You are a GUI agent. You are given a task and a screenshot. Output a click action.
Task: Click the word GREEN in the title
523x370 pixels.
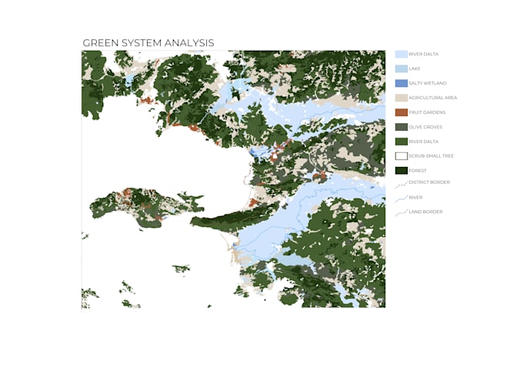click(x=98, y=43)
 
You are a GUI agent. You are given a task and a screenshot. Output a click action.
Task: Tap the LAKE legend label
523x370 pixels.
click(x=415, y=68)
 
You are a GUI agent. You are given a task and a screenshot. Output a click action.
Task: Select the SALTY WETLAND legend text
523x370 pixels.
click(x=428, y=83)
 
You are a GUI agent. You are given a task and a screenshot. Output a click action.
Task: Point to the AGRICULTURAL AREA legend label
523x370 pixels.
click(x=433, y=98)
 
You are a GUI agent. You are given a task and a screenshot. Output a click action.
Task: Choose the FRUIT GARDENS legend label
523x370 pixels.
click(x=427, y=112)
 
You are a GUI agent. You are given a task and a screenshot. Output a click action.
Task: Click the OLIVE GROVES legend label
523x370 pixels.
click(x=425, y=127)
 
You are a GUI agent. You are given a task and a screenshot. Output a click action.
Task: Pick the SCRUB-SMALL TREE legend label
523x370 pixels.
click(x=431, y=156)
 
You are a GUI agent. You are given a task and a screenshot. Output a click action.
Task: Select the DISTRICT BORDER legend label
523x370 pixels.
click(x=429, y=182)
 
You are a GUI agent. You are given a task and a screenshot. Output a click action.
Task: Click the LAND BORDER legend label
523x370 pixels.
click(x=425, y=212)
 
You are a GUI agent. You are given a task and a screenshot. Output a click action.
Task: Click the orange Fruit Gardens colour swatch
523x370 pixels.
click(x=401, y=112)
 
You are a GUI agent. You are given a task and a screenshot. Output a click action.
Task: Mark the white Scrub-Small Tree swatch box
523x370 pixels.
click(x=401, y=156)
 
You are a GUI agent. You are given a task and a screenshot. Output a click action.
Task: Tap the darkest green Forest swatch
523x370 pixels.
click(x=401, y=171)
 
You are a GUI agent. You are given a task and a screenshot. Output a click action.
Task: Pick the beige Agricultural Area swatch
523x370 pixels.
click(x=401, y=98)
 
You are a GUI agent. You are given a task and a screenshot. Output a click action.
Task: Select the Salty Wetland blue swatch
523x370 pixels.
click(x=401, y=83)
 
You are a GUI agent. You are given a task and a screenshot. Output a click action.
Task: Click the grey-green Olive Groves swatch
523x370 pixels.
click(x=401, y=127)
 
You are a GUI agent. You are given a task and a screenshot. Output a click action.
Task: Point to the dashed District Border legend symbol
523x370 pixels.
click(x=400, y=185)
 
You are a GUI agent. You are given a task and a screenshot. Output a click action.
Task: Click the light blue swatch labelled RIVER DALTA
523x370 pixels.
click(x=401, y=55)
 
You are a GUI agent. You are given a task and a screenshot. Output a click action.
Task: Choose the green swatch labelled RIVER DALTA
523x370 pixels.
click(x=401, y=142)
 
